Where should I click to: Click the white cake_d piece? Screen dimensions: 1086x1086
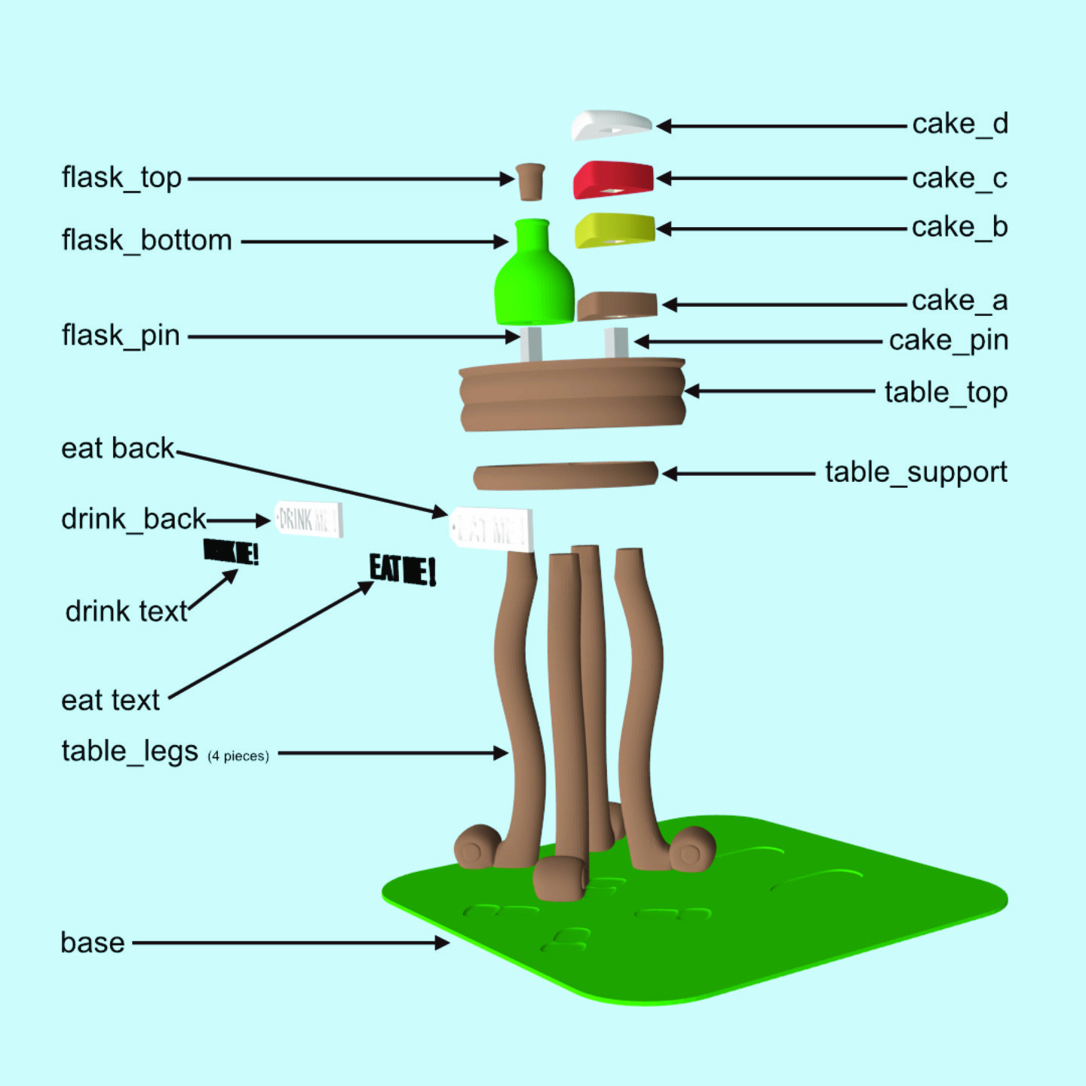pos(611,124)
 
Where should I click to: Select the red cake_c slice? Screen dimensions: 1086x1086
pos(613,179)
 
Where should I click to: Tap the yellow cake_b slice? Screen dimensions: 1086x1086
pos(615,230)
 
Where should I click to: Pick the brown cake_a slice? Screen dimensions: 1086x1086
pos(617,305)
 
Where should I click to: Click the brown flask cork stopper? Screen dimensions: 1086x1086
pos(530,181)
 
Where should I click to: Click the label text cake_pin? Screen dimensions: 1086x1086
pos(948,341)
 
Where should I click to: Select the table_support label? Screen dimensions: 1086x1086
pos(916,473)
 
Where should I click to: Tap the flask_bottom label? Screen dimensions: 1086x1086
pos(146,241)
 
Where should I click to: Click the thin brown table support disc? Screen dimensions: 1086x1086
pos(566,476)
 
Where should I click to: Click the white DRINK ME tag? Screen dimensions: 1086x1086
pos(309,519)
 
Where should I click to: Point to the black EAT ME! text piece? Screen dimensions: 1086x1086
pos(403,569)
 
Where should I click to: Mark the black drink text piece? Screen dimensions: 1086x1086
pos(232,552)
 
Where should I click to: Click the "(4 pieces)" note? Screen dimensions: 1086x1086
pos(238,756)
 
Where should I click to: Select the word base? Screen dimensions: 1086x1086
pos(93,943)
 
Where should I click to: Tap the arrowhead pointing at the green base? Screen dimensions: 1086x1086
pos(443,943)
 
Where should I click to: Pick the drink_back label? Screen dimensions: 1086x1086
pos(133,520)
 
